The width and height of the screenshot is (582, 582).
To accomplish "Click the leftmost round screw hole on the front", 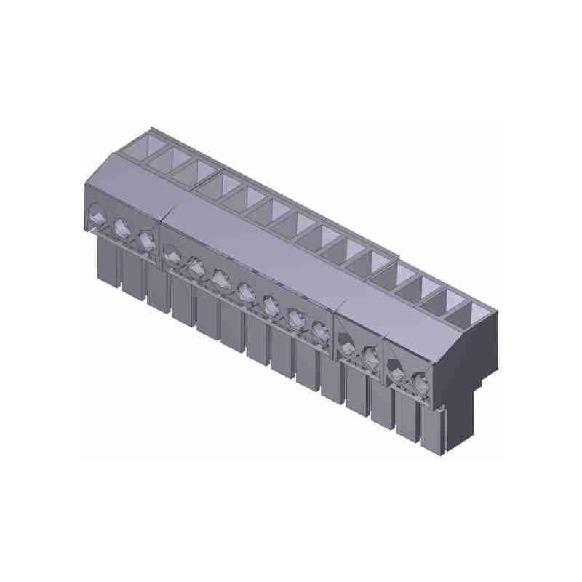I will click(x=97, y=214).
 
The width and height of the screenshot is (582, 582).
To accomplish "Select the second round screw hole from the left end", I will click(x=121, y=226).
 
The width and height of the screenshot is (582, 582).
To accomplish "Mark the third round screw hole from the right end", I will click(x=370, y=355).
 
